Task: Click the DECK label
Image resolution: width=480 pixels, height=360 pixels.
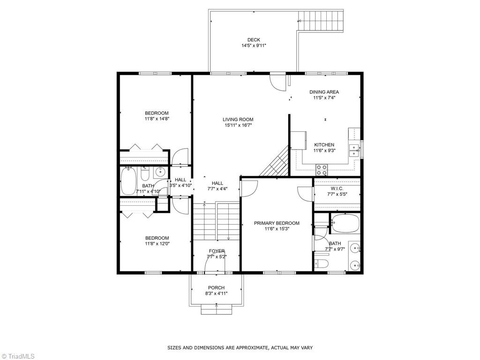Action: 254,40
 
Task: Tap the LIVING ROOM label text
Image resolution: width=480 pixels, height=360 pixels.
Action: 238,120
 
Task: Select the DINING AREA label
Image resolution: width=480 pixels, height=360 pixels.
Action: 324,92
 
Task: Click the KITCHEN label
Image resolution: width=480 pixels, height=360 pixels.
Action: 324,145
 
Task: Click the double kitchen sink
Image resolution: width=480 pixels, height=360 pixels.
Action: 354,150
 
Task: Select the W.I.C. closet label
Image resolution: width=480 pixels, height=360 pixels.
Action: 337,189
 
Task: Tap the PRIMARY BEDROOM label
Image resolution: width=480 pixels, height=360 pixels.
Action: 277,223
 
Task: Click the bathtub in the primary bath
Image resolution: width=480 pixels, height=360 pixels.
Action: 345,224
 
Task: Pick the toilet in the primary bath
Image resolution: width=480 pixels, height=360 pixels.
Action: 322,263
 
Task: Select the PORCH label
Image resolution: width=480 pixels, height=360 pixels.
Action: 216,288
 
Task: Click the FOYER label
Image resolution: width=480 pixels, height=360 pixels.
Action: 217,251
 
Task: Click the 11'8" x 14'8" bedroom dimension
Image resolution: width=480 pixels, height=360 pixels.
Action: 157,119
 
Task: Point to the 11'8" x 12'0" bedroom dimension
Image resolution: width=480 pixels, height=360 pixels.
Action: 157,244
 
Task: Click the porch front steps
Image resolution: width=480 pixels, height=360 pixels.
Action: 216,309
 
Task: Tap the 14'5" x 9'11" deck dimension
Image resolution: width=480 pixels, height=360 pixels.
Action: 254,46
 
